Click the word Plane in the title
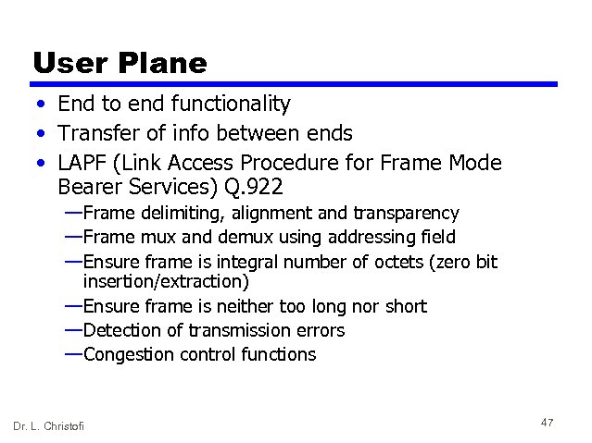click(163, 62)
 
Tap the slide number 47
click(547, 423)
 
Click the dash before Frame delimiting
click(73, 213)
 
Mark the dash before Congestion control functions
click(73, 353)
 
